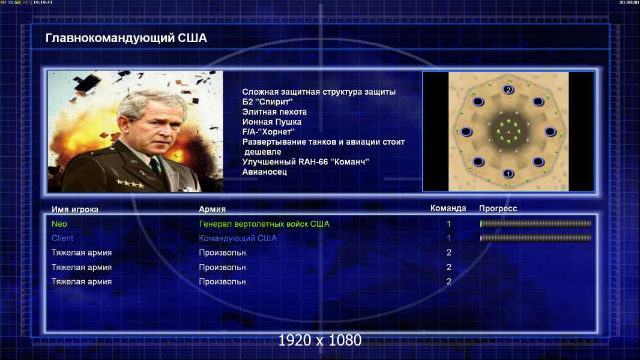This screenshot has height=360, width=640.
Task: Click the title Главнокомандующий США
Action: click(126, 38)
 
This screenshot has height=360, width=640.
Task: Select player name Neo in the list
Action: click(59, 224)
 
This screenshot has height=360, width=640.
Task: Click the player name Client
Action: click(62, 238)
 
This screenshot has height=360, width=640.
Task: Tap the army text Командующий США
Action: click(238, 238)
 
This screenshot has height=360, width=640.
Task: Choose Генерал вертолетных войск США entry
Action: click(264, 224)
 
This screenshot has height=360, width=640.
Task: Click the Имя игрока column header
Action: click(74, 209)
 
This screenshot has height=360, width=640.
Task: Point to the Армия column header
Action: click(213, 209)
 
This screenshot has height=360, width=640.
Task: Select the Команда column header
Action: click(448, 208)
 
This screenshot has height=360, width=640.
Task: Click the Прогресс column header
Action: click(498, 208)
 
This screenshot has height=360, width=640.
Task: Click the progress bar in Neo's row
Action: click(536, 223)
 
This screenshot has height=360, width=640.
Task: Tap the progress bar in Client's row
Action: click(536, 238)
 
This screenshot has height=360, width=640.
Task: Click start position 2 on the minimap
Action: click(508, 89)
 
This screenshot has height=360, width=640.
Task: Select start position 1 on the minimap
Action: click(508, 173)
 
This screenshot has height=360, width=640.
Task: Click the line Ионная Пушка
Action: click(272, 122)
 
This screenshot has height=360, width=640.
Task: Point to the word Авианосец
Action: click(265, 172)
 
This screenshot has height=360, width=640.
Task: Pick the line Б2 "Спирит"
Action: click(267, 102)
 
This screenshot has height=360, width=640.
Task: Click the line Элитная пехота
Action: click(274, 112)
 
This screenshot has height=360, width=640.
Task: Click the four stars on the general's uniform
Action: click(130, 184)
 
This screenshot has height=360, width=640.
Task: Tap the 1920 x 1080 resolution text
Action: click(319, 340)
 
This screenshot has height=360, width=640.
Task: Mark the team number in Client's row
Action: click(448, 238)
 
